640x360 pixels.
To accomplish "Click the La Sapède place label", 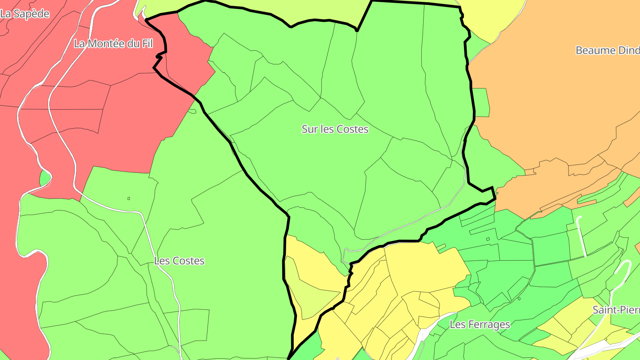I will click(24, 14).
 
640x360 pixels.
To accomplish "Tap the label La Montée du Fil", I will click(113, 44).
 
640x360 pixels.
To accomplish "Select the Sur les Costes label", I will click(335, 129).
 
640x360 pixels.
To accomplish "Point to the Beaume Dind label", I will click(607, 50).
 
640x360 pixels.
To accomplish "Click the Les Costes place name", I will click(179, 261).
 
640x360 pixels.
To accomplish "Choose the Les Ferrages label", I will click(480, 324).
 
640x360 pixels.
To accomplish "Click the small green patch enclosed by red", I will click(44, 178).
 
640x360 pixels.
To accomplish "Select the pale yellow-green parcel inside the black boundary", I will click(311, 298).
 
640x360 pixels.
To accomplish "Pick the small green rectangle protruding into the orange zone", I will click(481, 102).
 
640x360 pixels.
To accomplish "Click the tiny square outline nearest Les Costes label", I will click(129, 198).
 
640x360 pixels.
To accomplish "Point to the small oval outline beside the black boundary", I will click(192, 111).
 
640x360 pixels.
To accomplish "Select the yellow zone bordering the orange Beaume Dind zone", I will click(493, 18).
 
